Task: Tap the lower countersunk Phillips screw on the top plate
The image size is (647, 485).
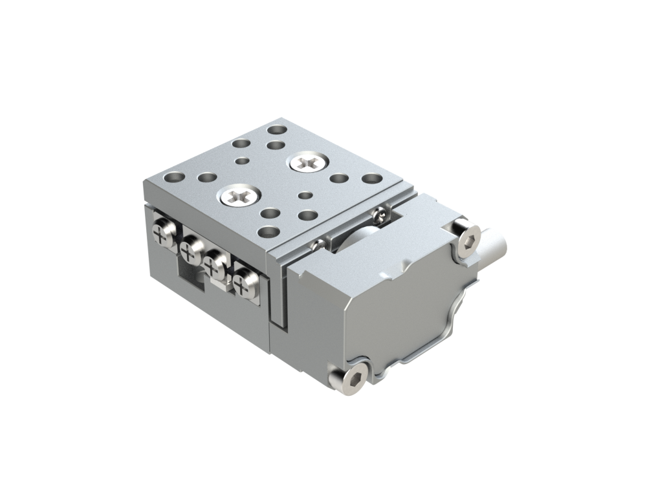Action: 239,194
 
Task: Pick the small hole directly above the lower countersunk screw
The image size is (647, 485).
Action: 241,161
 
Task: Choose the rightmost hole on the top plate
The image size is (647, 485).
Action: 370,178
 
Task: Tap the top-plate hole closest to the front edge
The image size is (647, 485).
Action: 267,231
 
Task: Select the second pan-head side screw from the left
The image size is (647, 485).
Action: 192,247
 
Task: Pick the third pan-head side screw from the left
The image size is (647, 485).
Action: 215,264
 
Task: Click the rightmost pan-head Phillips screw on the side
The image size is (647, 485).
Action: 245,283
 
